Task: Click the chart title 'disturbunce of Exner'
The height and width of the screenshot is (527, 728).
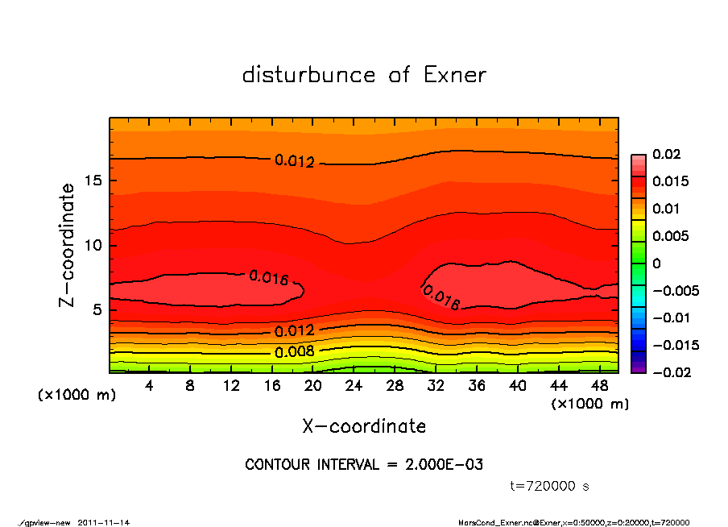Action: (364, 75)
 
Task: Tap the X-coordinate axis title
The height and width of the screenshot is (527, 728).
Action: (364, 425)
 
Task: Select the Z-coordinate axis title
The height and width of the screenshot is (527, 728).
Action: (68, 244)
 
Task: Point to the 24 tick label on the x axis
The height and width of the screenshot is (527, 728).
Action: (354, 387)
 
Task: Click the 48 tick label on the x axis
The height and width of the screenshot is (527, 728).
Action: (600, 387)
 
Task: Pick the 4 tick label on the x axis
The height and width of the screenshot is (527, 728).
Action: (150, 387)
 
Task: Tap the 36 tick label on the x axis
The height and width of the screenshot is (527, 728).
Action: (477, 387)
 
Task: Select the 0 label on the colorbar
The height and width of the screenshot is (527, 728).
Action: (656, 263)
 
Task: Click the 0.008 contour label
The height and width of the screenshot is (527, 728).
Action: (294, 351)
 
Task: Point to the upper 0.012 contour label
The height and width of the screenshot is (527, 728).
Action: (294, 161)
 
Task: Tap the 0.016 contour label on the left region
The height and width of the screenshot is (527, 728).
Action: (268, 278)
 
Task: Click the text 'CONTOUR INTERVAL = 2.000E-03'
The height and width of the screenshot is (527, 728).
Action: (364, 465)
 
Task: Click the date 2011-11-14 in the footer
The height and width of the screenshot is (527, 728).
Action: (104, 522)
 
